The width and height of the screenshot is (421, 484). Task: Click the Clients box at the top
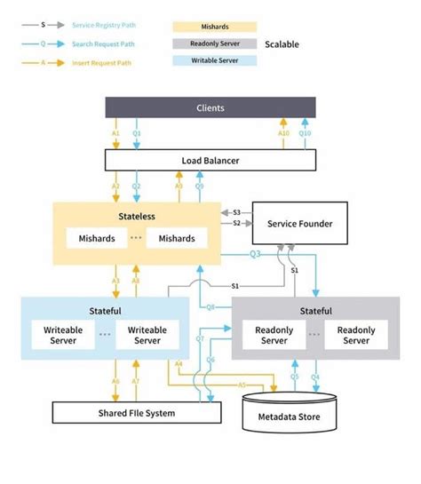point(210,107)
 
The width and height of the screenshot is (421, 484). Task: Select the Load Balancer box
point(210,161)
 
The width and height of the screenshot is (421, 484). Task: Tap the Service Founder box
point(299,224)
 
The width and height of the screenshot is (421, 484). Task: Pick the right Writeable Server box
point(147,335)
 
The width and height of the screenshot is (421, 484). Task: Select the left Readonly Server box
point(274,335)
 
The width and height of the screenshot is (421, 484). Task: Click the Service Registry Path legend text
point(104,27)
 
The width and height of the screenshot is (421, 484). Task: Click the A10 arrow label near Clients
point(283,133)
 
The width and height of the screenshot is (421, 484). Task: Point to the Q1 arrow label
point(137,133)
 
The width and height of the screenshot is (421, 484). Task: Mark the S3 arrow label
point(236,213)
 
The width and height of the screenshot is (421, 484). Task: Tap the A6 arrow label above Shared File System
point(115,380)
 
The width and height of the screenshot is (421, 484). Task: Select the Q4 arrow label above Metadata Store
point(314,376)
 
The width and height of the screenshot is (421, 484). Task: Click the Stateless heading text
point(137,216)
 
